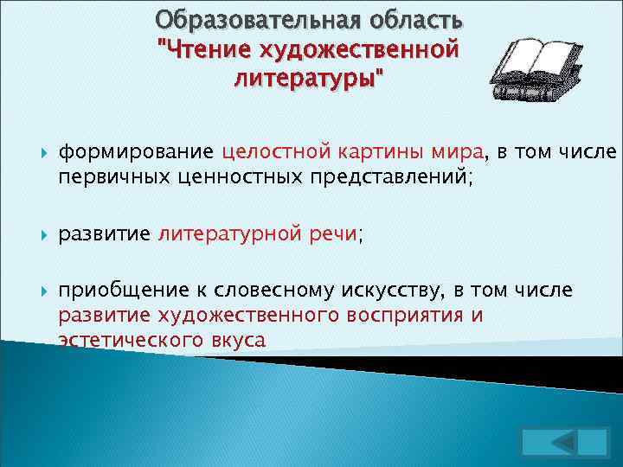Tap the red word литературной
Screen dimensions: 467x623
coord(228,233)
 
